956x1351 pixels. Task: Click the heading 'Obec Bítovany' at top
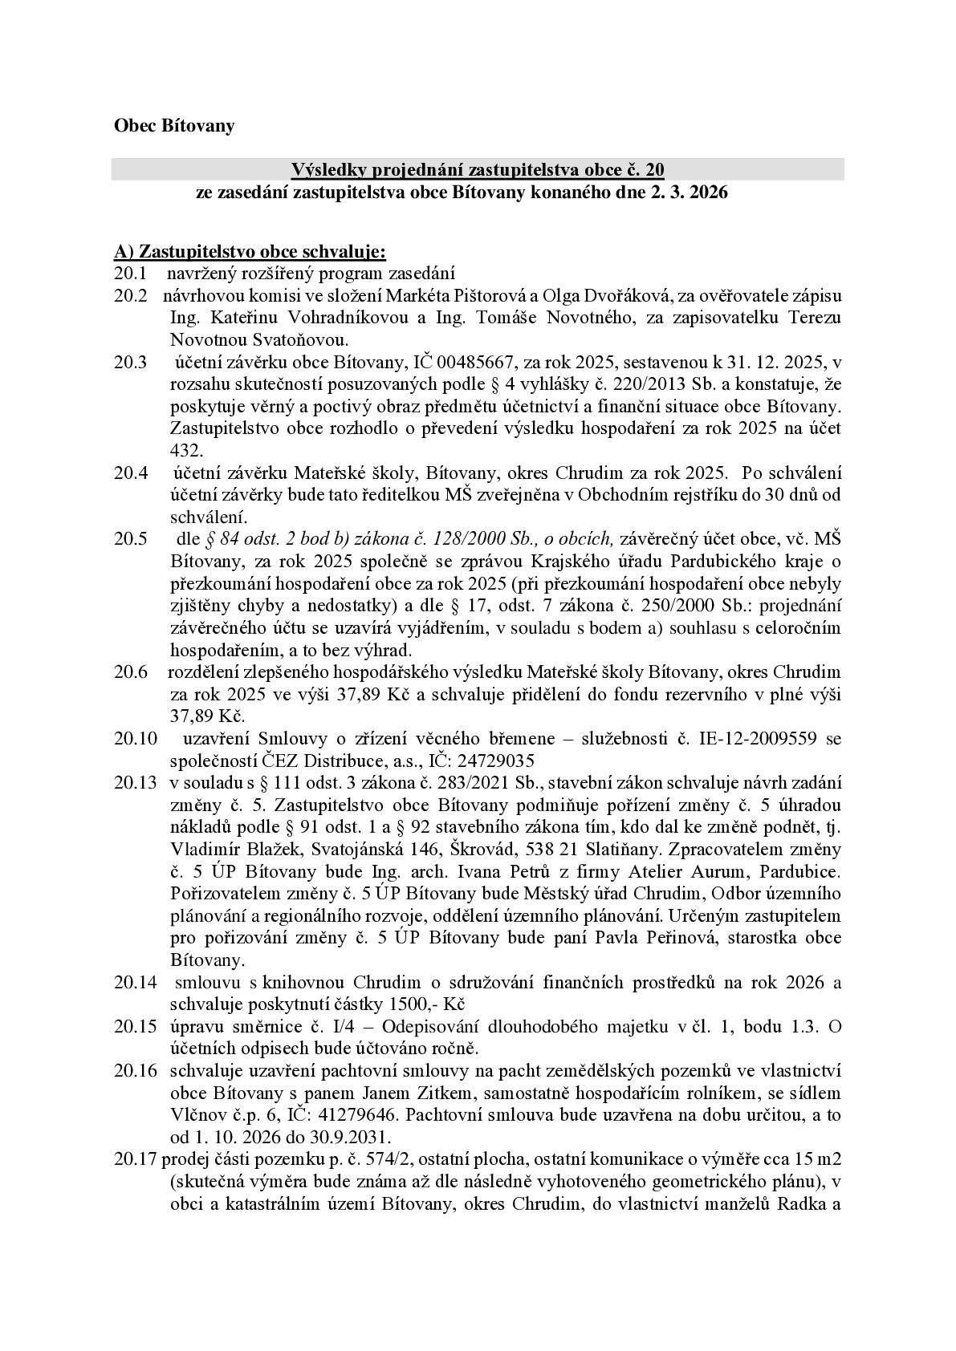(174, 126)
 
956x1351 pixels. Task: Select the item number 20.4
(130, 473)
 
